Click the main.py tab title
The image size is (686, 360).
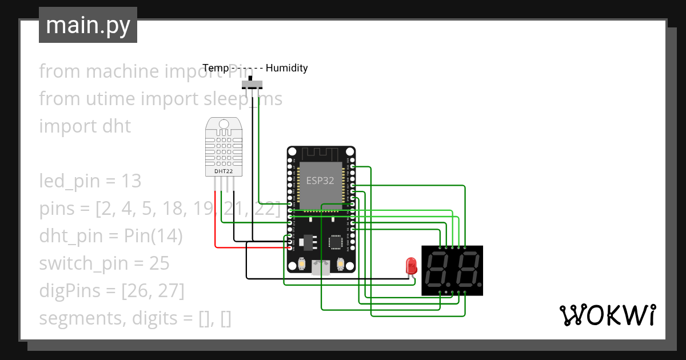point(87,26)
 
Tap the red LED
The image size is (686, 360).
point(410,266)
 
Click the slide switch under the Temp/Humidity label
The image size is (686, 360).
point(251,84)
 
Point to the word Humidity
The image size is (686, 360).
point(287,68)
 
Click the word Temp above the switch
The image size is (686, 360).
point(216,68)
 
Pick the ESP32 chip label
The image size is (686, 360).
point(320,181)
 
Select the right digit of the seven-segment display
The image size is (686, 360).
point(467,270)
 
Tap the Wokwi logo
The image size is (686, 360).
point(607,315)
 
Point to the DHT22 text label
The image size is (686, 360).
point(224,171)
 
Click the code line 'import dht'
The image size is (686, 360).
point(85,126)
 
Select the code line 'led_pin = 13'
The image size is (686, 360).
point(90,181)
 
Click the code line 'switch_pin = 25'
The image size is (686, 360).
point(104,263)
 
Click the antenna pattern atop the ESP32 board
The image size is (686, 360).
point(321,154)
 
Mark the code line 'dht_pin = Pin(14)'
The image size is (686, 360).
point(110,236)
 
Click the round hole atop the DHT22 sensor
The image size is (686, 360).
point(224,123)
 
